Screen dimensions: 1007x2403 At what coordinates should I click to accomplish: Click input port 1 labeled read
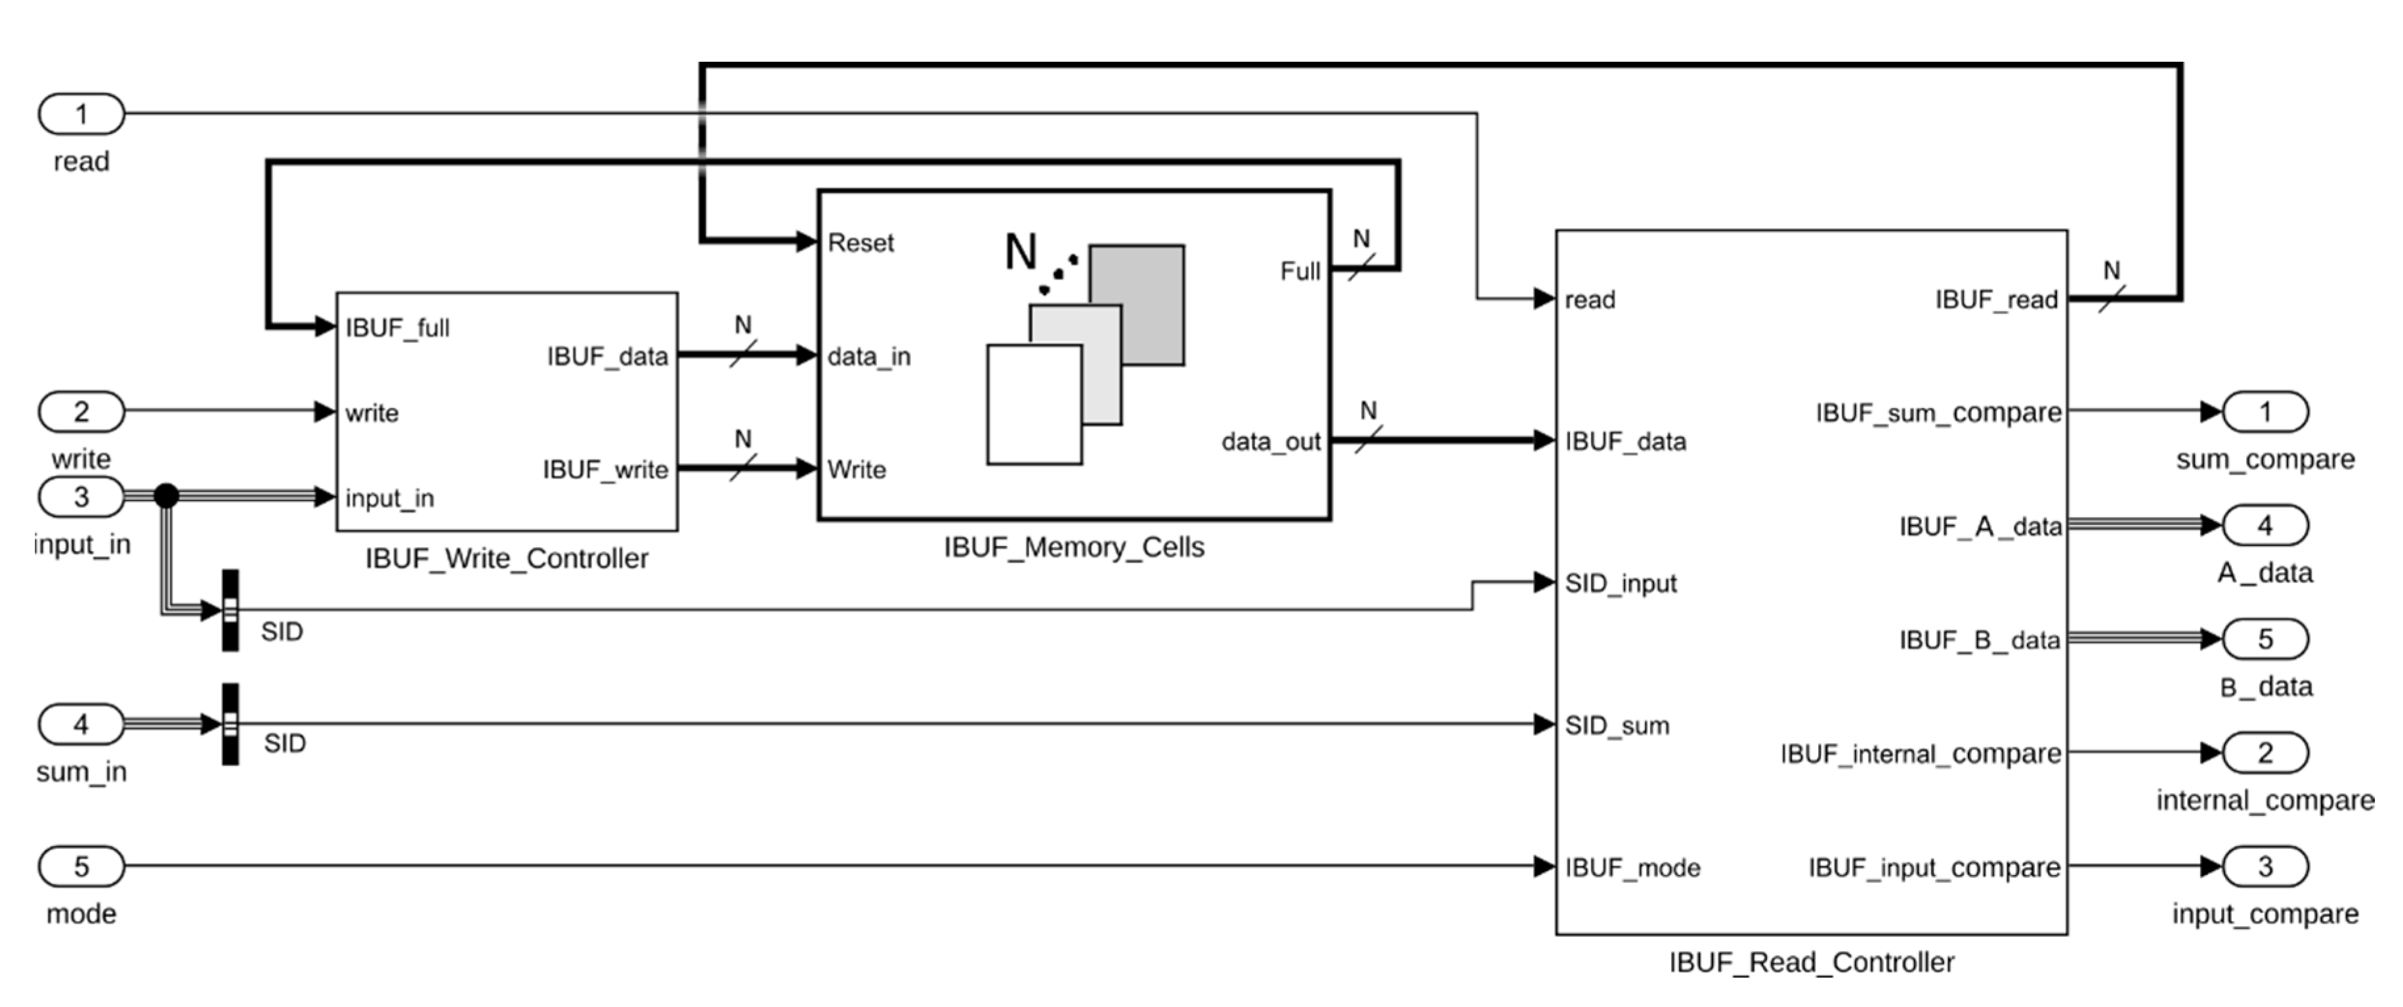point(81,114)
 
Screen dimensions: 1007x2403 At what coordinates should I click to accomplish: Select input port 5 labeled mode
point(81,866)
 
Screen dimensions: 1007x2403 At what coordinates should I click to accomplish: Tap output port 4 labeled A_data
point(2265,526)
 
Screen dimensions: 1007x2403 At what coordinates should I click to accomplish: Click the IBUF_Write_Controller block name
point(507,558)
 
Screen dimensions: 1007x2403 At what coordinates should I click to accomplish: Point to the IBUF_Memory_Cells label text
point(1074,547)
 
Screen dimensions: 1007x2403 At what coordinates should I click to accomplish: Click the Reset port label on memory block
point(860,242)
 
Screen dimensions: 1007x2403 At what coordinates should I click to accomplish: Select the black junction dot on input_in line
point(166,495)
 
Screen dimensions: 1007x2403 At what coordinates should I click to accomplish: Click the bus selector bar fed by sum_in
point(230,725)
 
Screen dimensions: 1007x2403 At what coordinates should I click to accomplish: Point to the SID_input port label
point(1621,583)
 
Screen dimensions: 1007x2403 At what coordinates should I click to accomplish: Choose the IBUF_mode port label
point(1632,868)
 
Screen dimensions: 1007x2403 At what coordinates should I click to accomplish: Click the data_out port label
point(1271,441)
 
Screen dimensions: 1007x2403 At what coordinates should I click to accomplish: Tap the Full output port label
point(1300,271)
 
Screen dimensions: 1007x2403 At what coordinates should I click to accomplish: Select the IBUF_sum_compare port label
point(1938,413)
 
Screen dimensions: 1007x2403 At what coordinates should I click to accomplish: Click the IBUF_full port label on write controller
point(397,328)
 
